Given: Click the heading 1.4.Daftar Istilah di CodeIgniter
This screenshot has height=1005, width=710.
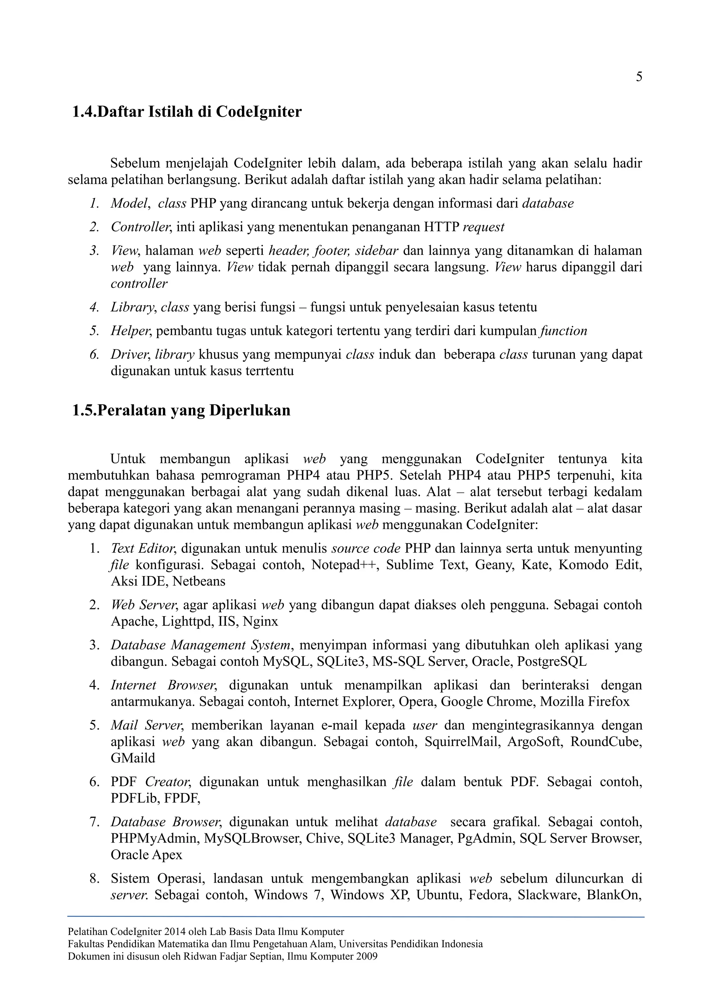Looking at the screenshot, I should pos(187,112).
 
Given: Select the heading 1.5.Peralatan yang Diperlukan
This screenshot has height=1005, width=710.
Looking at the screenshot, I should pos(181,411).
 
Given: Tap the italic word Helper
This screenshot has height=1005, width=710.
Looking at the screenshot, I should pos(130,331).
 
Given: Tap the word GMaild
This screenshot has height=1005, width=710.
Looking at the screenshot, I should pos(132,758).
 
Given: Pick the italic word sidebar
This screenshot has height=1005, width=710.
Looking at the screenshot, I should pos(376,251).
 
